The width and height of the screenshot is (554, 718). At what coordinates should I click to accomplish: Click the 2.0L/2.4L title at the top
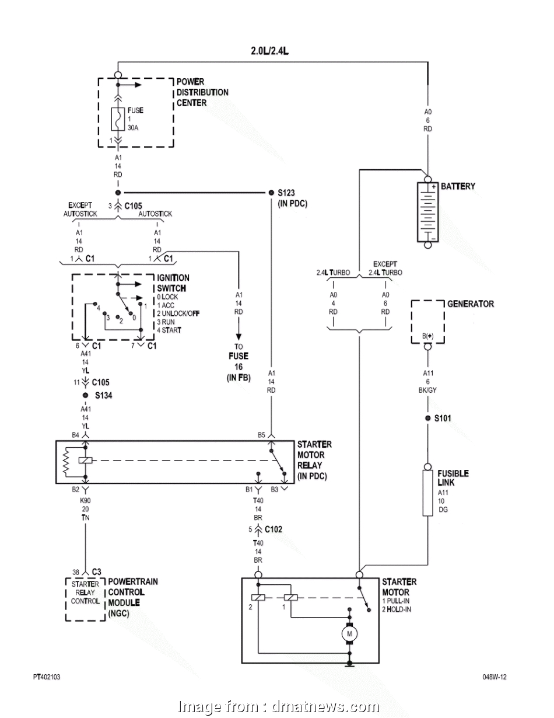[270, 51]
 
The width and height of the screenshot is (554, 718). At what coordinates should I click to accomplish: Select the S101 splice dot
[428, 419]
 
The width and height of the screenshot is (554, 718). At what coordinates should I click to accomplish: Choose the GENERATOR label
[470, 304]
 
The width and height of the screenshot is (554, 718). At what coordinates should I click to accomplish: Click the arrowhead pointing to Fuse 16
[239, 337]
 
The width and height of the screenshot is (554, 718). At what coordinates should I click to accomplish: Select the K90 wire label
[86, 500]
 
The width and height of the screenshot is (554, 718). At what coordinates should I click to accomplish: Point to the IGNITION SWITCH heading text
[172, 283]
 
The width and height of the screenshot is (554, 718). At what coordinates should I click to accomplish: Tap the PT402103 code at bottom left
[47, 677]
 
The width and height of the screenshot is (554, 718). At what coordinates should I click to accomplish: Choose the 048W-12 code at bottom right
[494, 677]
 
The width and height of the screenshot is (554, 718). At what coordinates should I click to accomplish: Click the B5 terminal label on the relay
[261, 435]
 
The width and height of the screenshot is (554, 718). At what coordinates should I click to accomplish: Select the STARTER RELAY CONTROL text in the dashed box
[85, 592]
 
